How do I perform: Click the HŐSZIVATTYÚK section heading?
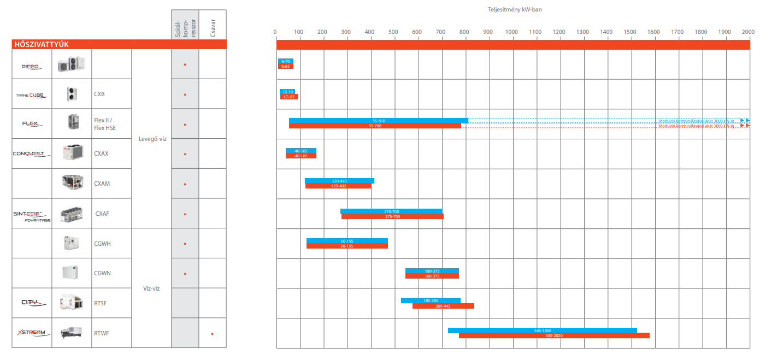(x=41, y=45)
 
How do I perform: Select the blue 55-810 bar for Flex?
(x=378, y=120)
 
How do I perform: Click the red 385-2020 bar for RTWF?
(x=554, y=335)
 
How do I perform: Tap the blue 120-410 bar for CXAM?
(x=339, y=181)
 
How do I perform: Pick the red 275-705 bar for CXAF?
(x=392, y=217)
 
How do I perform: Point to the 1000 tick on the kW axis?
(x=511, y=32)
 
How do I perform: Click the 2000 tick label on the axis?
(x=748, y=32)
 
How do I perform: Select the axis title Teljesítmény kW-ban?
(x=511, y=9)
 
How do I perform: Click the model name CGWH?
(x=102, y=244)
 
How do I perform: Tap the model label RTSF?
(x=101, y=303)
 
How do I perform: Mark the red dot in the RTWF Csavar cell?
(x=213, y=333)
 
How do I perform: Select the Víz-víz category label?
(x=151, y=288)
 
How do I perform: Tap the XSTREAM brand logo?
(x=32, y=333)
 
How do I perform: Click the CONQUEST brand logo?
(x=31, y=154)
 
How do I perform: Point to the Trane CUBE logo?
(x=31, y=95)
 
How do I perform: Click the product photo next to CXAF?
(x=72, y=213)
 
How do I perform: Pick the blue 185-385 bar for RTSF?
(x=431, y=300)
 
